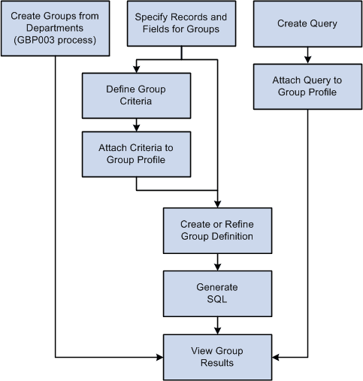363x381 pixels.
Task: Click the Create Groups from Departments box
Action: [x=54, y=29]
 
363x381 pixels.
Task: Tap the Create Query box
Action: [x=307, y=24]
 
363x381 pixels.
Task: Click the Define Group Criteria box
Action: [x=135, y=95]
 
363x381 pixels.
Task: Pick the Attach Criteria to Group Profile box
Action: [x=135, y=153]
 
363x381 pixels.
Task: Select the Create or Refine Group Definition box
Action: [x=216, y=230]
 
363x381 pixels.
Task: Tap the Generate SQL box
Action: [x=216, y=293]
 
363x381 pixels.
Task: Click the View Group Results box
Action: [x=216, y=356]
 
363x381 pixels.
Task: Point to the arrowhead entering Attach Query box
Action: [x=307, y=60]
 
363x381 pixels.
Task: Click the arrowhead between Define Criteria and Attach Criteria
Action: [x=135, y=129]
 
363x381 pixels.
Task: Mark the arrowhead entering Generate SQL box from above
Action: [x=216, y=268]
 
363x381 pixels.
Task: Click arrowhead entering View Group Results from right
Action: [x=273, y=356]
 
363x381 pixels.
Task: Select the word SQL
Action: [x=216, y=299]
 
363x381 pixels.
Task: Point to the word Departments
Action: [x=54, y=29]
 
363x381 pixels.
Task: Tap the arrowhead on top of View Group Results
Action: [x=216, y=331]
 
